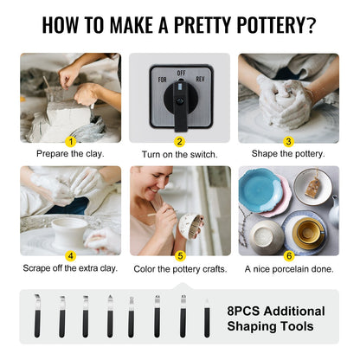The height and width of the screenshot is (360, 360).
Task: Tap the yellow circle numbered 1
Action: coord(71,140)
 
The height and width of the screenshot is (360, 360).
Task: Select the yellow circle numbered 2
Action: coord(179,140)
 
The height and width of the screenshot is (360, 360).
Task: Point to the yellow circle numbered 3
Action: coord(288,140)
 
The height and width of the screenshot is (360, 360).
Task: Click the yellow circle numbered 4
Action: coord(71,256)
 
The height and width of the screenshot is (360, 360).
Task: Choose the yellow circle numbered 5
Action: coord(179,256)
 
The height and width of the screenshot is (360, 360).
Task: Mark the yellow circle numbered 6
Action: coord(288,256)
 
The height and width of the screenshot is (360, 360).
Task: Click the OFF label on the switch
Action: coord(180,74)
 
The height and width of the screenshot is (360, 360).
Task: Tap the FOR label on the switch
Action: coord(162,79)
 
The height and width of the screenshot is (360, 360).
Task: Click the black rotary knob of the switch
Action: coord(180,102)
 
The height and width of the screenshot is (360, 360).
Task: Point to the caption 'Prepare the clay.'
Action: coord(71,154)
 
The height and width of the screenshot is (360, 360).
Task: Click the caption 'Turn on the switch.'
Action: coord(179,154)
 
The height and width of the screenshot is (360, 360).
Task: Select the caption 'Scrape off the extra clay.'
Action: coord(71,269)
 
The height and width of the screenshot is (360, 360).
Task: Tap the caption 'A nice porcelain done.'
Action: coord(288,269)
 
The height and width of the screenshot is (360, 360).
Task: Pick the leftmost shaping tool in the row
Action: coord(38,316)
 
